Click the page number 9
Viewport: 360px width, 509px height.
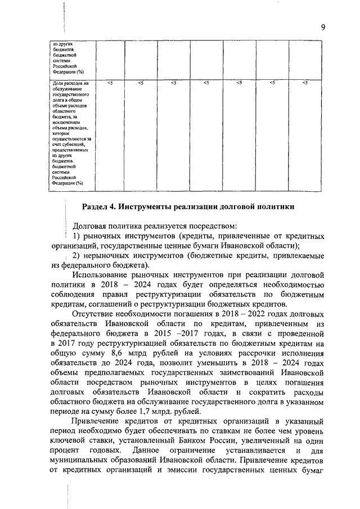(324, 28)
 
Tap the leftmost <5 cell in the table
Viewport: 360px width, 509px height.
(109, 83)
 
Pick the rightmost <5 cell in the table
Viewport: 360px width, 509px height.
(305, 83)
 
